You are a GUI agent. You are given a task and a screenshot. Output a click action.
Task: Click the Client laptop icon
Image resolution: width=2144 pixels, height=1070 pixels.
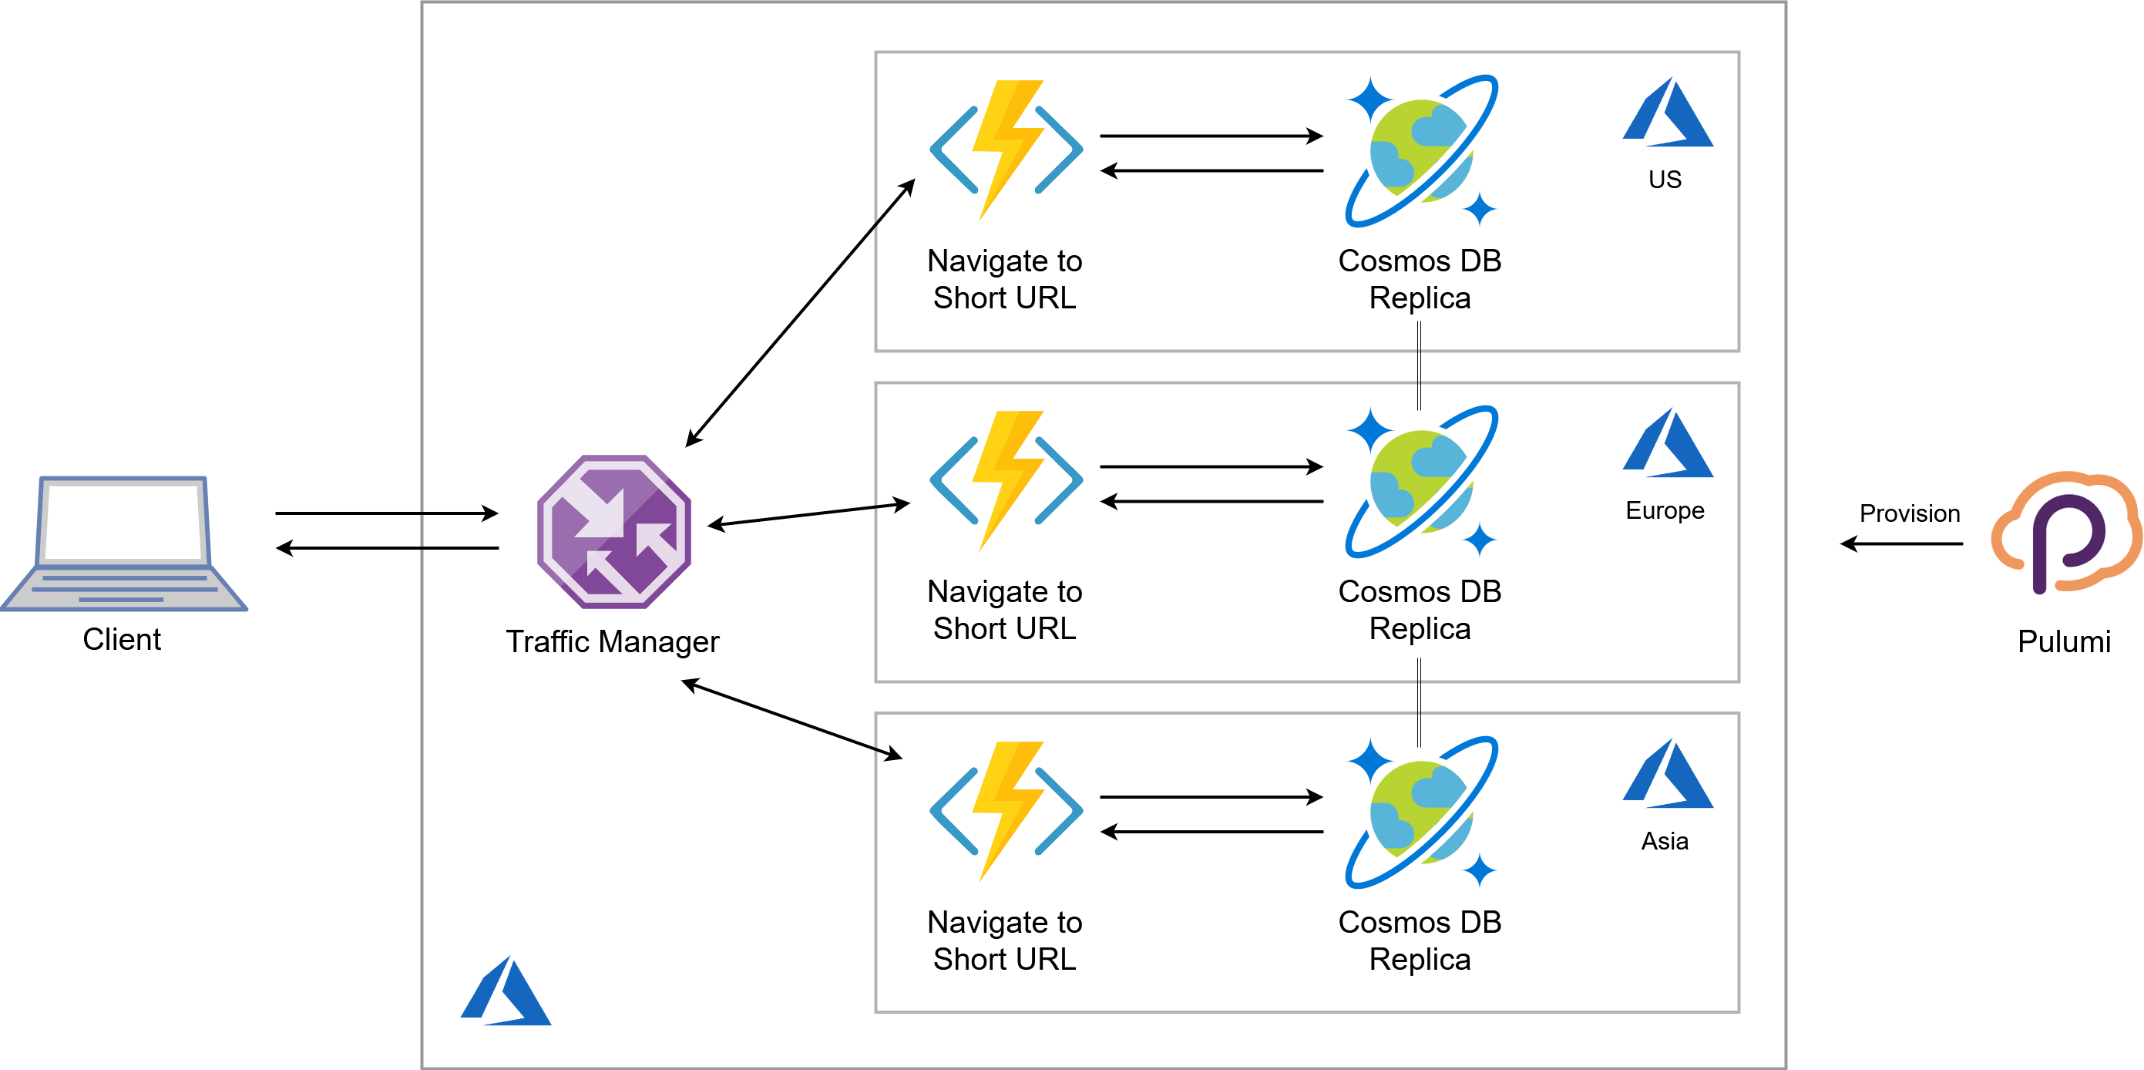coord(123,543)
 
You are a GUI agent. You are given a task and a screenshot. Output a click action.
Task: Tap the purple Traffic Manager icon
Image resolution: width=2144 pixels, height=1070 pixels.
coord(614,531)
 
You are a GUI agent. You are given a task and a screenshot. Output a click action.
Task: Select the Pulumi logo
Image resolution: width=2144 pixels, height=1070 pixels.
coord(2065,533)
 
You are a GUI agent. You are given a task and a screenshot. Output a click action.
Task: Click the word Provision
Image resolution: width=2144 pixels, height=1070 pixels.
coord(1909,513)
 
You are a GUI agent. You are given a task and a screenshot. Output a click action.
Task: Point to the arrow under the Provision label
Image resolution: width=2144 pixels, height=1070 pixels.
coord(1901,543)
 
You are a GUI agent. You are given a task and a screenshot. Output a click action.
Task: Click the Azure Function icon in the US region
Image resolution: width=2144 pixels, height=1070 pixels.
coord(1006,150)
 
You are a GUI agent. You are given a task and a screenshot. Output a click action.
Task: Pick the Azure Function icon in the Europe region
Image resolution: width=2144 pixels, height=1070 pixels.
coord(1006,480)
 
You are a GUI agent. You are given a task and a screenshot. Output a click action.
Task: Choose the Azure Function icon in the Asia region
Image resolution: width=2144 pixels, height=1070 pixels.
coord(1006,811)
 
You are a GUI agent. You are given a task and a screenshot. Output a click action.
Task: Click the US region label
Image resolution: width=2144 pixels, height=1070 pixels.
coord(1665,179)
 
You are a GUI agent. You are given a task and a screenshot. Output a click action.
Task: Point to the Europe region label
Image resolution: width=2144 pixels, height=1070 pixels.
coord(1665,510)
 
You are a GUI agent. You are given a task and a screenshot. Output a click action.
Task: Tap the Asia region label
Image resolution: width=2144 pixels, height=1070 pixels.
coord(1665,840)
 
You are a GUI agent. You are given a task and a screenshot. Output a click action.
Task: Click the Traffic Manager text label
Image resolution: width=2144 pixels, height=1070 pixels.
coord(612,641)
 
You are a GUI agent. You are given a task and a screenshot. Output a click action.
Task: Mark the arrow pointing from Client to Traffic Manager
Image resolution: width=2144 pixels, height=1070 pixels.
coord(386,513)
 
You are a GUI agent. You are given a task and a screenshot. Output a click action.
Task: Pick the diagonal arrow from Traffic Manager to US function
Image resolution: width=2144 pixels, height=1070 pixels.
coord(800,313)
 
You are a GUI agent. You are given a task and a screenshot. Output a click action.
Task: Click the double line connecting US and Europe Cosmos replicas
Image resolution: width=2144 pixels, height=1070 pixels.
coord(1419,366)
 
